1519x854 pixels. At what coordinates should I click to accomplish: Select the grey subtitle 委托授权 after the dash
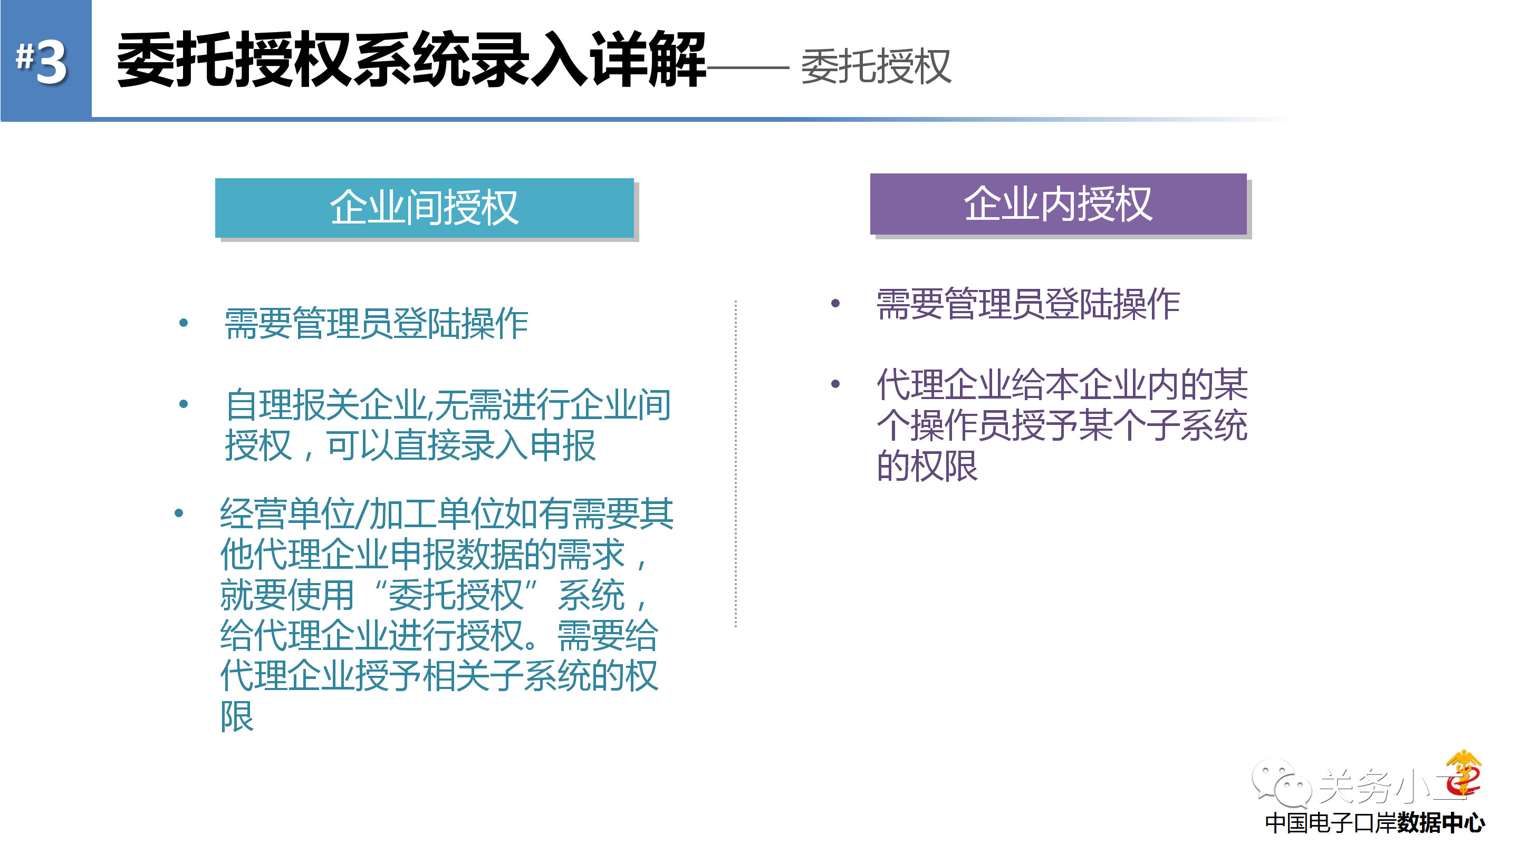click(876, 66)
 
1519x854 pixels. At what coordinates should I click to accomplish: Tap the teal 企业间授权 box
click(424, 208)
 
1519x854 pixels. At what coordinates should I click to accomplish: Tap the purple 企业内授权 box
click(1058, 204)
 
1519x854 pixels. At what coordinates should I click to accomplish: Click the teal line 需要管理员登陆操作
click(376, 323)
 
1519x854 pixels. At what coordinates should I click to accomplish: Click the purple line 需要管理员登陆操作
click(1028, 304)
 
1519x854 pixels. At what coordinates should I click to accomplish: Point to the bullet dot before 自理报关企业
click(184, 404)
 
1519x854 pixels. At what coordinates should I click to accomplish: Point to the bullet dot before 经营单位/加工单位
click(179, 513)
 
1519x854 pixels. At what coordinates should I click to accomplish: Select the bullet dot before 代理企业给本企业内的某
click(835, 384)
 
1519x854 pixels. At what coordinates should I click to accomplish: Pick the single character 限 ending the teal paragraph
click(237, 716)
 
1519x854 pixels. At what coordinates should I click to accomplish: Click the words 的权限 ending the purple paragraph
click(927, 466)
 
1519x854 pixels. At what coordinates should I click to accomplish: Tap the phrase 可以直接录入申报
click(460, 445)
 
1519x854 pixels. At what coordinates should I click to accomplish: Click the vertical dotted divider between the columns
click(736, 463)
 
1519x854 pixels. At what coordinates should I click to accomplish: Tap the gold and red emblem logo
click(1463, 773)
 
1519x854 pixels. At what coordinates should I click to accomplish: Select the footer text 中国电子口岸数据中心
click(1374, 823)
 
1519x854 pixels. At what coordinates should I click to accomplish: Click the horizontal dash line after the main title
click(748, 68)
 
